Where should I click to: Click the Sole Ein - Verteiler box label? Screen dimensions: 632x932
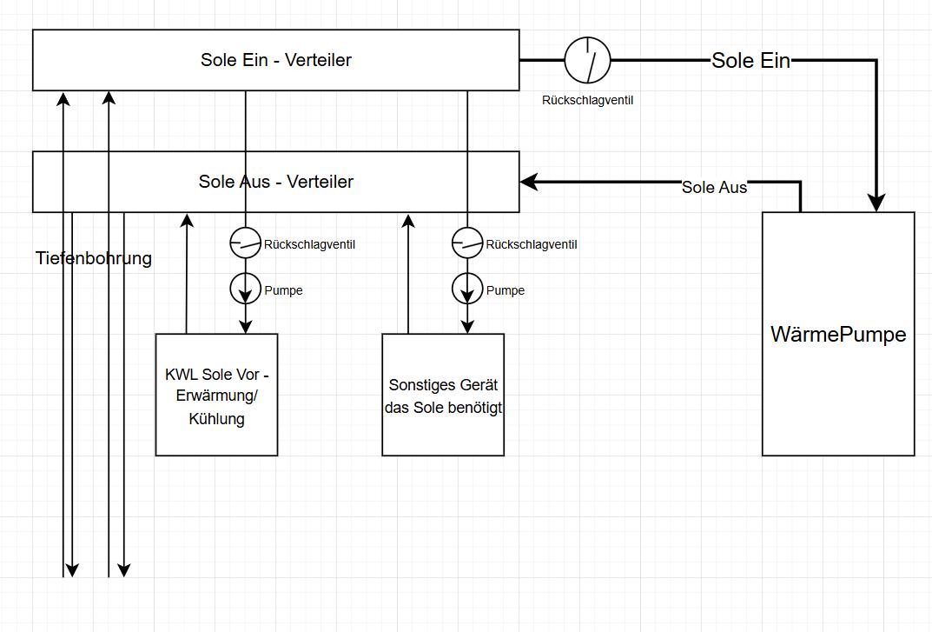pos(275,60)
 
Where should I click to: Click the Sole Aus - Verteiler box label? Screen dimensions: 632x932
pos(275,182)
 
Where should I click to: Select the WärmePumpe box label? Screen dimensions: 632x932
pos(838,335)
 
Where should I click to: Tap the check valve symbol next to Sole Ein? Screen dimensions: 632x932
pos(587,60)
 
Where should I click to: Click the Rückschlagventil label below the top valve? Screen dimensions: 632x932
pos(587,100)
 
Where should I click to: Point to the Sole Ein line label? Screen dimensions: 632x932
pos(750,60)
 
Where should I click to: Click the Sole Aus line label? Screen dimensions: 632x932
pos(714,187)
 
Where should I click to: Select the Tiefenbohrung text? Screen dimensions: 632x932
pos(94,258)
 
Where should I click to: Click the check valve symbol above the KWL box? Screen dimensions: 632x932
pos(246,243)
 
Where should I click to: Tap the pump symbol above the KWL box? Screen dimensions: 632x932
pos(246,289)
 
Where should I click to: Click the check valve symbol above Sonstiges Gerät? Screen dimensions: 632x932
pos(468,243)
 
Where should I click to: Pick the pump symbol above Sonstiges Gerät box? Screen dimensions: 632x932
pos(468,289)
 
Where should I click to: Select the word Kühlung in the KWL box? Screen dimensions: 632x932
pos(216,419)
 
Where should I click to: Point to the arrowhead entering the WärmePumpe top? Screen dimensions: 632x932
pos(876,203)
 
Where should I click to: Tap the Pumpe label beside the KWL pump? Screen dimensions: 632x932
pos(283,290)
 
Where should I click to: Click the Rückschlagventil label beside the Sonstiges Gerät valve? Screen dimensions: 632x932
pos(532,244)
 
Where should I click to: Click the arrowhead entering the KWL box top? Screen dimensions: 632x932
pos(246,326)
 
